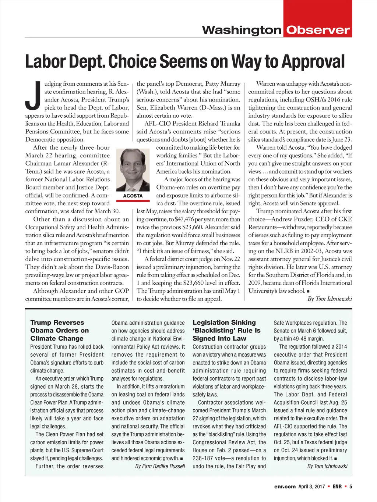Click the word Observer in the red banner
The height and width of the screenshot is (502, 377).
click(x=318, y=30)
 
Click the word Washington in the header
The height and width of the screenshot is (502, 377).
click(x=242, y=30)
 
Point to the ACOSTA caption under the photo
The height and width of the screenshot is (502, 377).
click(x=133, y=196)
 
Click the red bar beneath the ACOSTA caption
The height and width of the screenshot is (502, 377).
click(x=133, y=201)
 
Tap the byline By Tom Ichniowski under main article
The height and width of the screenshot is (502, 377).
click(x=330, y=299)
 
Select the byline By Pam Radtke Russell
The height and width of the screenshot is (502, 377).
click(x=160, y=466)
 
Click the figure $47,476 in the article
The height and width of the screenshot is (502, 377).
click(x=187, y=219)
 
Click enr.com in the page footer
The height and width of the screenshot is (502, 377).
click(x=285, y=487)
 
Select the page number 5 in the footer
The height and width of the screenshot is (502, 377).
click(x=350, y=487)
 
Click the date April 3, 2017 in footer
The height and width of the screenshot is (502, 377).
click(x=311, y=487)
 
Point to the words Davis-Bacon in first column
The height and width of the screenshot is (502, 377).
click(x=110, y=267)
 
